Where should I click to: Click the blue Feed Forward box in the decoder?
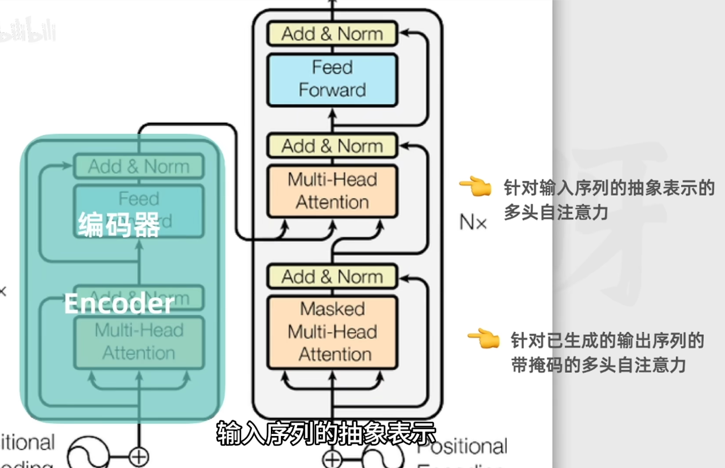tap(332, 79)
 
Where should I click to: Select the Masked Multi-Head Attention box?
tap(332, 331)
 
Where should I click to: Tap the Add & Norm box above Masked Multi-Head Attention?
tap(332, 276)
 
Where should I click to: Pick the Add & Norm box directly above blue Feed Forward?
tap(332, 34)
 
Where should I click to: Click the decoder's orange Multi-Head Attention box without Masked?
tap(332, 191)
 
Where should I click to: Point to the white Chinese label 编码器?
tap(119, 224)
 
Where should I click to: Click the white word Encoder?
tap(119, 304)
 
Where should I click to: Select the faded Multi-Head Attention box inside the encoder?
tap(139, 342)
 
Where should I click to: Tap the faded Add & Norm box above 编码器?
tap(139, 166)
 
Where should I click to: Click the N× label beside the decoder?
tap(473, 222)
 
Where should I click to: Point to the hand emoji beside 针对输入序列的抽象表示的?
tap(475, 187)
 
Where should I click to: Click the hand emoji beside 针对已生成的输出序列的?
tap(483, 338)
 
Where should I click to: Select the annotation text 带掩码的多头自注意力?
tap(598, 365)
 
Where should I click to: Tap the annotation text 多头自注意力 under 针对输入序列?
tap(556, 213)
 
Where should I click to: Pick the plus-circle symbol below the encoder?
tap(139, 457)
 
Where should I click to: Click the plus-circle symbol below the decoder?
tap(332, 459)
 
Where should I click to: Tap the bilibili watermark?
tap(27, 33)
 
